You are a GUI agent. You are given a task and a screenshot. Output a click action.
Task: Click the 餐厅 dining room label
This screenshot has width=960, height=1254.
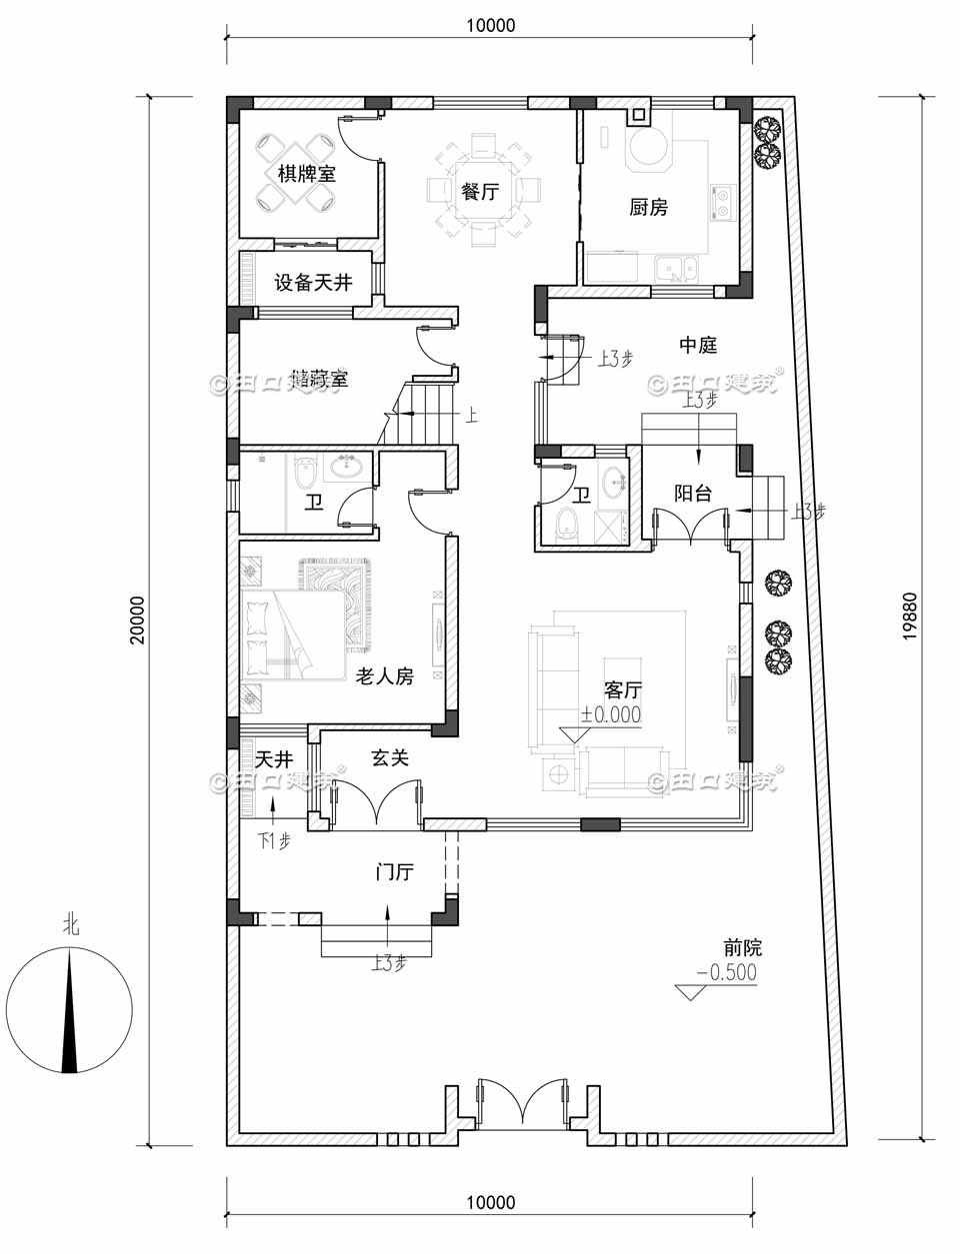pos(480,191)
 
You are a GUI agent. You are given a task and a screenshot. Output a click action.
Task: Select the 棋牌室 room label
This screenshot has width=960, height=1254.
pos(306,174)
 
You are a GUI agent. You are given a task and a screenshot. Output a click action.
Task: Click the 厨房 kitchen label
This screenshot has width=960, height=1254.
pos(648,208)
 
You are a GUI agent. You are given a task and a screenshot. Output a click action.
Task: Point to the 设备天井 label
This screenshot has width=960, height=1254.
pos(313,284)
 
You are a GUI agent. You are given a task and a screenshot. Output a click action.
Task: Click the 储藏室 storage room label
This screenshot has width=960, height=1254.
pos(319,380)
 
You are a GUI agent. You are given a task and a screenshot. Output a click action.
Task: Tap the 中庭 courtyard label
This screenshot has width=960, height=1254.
pos(698,346)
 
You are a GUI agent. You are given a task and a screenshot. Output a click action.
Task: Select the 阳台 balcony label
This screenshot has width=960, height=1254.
pos(693,494)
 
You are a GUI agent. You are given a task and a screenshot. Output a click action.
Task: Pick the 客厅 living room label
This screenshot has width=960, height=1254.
pos(622,690)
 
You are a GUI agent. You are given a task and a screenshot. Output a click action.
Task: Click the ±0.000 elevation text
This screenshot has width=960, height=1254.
pos(611,714)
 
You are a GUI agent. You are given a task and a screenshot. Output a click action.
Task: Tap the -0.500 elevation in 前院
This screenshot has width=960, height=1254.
pos(726,973)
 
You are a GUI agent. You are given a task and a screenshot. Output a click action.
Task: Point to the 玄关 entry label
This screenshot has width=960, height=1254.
pos(390,759)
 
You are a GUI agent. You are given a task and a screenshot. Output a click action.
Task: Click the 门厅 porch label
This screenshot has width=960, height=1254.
pos(394,872)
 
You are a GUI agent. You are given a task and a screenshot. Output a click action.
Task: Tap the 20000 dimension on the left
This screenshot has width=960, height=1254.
pos(137,621)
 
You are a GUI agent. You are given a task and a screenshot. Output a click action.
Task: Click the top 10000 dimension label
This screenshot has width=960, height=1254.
pos(490,25)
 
